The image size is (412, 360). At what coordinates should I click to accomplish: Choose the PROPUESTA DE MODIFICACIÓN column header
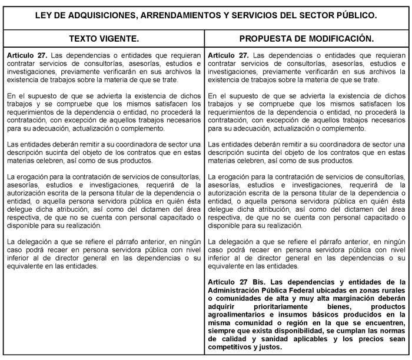(307, 39)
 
